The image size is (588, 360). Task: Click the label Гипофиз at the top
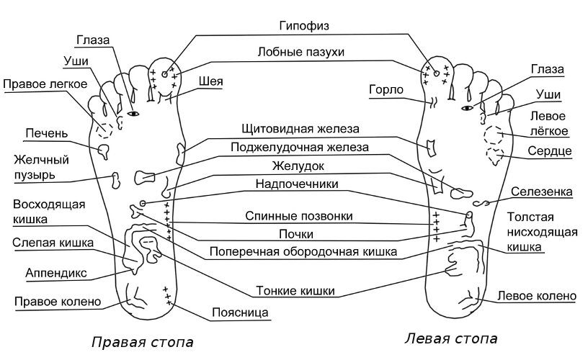[304, 26]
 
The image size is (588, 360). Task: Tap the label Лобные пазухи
[300, 52]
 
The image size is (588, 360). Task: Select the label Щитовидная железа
[300, 129]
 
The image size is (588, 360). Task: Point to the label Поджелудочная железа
[300, 147]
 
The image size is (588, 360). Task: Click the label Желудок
[298, 166]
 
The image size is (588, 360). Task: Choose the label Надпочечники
[297, 184]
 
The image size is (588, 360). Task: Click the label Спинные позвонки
[299, 216]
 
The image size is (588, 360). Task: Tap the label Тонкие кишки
[295, 291]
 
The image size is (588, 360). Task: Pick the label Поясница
[240, 312]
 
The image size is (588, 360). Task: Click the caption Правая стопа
[143, 342]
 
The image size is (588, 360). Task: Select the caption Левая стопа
[451, 338]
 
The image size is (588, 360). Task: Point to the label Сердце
[550, 151]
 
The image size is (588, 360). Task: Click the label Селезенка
[541, 192]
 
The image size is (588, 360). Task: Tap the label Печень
[47, 133]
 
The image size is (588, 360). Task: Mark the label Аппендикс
[56, 273]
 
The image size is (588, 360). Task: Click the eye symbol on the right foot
[133, 113]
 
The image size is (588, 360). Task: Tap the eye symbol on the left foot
[467, 108]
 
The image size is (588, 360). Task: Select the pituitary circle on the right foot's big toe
[164, 74]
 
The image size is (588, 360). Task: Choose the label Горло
[386, 90]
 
